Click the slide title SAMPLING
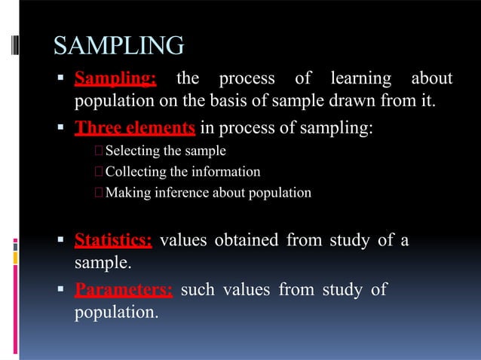pos(118,47)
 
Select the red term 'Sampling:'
pos(115,78)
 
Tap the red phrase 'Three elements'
pos(135,128)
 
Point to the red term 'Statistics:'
pos(113,241)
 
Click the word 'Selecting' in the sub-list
pos(134,151)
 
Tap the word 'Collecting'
pos(136,172)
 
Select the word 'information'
pos(225,172)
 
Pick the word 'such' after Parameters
pos(198,290)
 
